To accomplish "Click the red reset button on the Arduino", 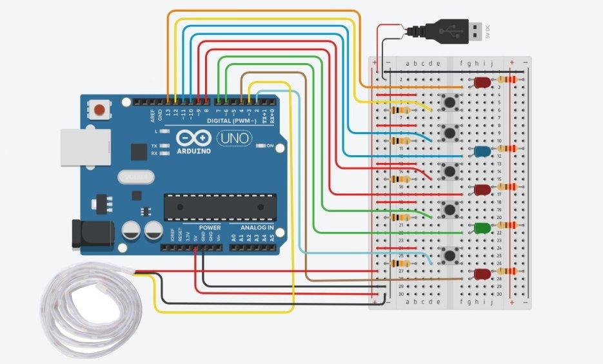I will tap(99, 109).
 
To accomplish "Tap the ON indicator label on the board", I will tap(270, 146).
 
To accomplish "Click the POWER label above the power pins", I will tap(210, 227).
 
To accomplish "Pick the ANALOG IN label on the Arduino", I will tap(257, 227).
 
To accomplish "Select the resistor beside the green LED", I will tap(509, 225).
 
